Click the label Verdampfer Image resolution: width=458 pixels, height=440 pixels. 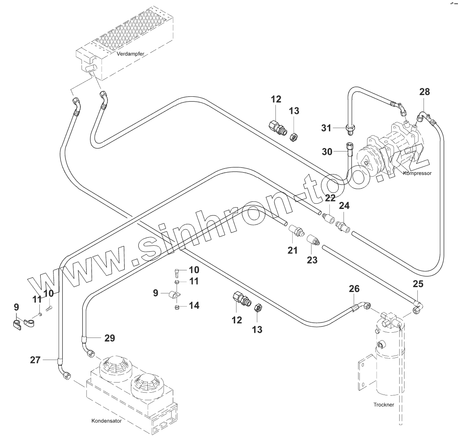coord(130,54)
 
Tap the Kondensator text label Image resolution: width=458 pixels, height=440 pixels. coord(106,421)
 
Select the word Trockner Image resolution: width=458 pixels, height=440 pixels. coord(384,405)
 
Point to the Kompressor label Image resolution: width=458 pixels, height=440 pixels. coord(417,173)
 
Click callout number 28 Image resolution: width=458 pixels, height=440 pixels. coord(424,92)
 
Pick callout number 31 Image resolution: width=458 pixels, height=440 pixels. coord(326,128)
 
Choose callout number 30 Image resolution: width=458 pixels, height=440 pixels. coord(327,152)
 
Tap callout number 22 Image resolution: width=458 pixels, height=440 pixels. coord(330,198)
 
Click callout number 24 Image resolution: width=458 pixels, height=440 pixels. coord(344,205)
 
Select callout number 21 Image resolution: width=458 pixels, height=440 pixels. coord(292,250)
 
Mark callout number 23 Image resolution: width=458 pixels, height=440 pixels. coord(312,260)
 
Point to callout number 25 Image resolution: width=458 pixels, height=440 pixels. coord(418,284)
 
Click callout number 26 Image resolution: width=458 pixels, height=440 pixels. coord(354,289)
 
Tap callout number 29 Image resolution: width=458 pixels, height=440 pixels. coord(110,338)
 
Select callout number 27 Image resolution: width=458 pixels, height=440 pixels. coord(35,360)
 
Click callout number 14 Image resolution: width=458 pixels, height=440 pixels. coord(194,305)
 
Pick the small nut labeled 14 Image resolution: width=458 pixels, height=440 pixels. coord(176,307)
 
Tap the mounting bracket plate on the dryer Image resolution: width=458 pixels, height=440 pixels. coord(365,375)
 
